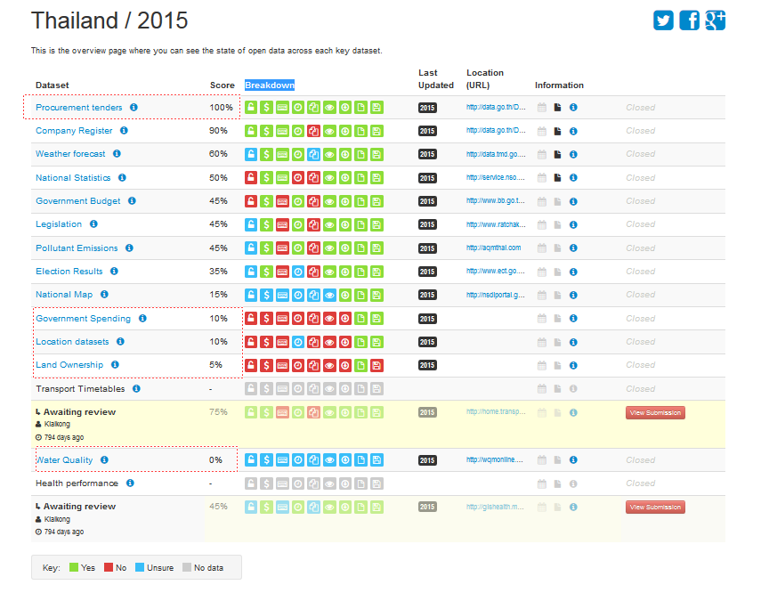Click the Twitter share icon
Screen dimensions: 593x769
[663, 20]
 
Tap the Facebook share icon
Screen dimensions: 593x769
[689, 20]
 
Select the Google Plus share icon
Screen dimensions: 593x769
[715, 20]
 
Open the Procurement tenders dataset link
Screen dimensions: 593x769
[78, 108]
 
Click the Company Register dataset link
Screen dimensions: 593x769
[74, 131]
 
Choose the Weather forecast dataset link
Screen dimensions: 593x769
[70, 154]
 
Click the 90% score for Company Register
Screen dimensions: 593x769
[218, 131]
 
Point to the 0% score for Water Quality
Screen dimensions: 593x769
[216, 460]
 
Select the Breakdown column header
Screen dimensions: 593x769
[270, 85]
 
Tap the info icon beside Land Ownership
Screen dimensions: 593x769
[115, 365]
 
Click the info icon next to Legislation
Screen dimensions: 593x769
[93, 224]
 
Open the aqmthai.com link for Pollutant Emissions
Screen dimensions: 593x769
[493, 248]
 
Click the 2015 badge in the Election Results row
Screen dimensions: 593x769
[427, 272]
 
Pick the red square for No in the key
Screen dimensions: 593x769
[109, 567]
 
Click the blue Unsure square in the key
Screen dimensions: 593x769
[140, 567]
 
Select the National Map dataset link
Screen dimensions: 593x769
[64, 295]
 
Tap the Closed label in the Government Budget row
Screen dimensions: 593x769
[640, 201]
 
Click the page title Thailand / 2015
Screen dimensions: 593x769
[109, 20]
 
